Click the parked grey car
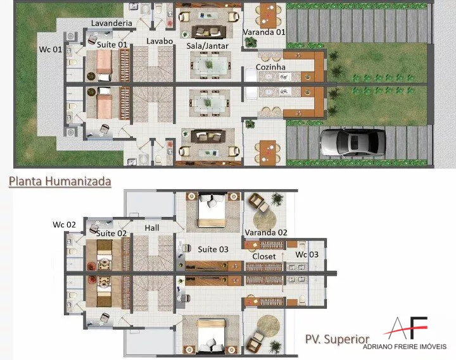353,142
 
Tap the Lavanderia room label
111,23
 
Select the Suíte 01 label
112,45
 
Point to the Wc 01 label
51,49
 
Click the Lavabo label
160,41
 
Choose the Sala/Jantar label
207,46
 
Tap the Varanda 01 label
263,32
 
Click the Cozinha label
270,67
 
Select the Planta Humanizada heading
60,182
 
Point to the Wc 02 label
64,225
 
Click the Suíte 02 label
111,233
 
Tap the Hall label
152,228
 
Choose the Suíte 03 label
213,249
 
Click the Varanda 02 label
266,232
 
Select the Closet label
264,256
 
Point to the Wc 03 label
307,254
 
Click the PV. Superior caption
337,339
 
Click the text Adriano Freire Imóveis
405,346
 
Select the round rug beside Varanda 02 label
264,220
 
